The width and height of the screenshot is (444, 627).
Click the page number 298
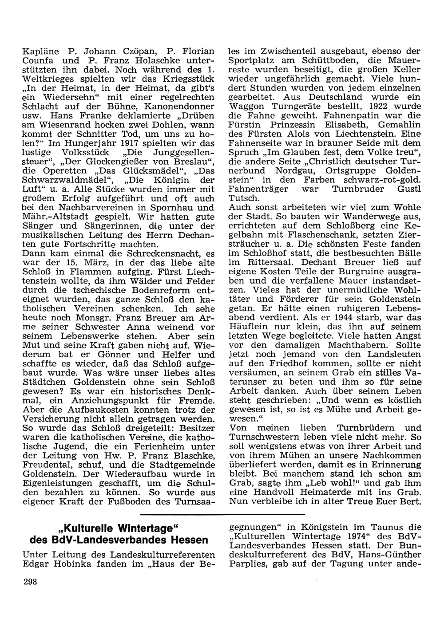click(30, 583)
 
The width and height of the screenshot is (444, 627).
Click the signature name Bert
click(412, 502)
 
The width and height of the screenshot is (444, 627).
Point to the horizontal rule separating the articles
click(222, 514)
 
